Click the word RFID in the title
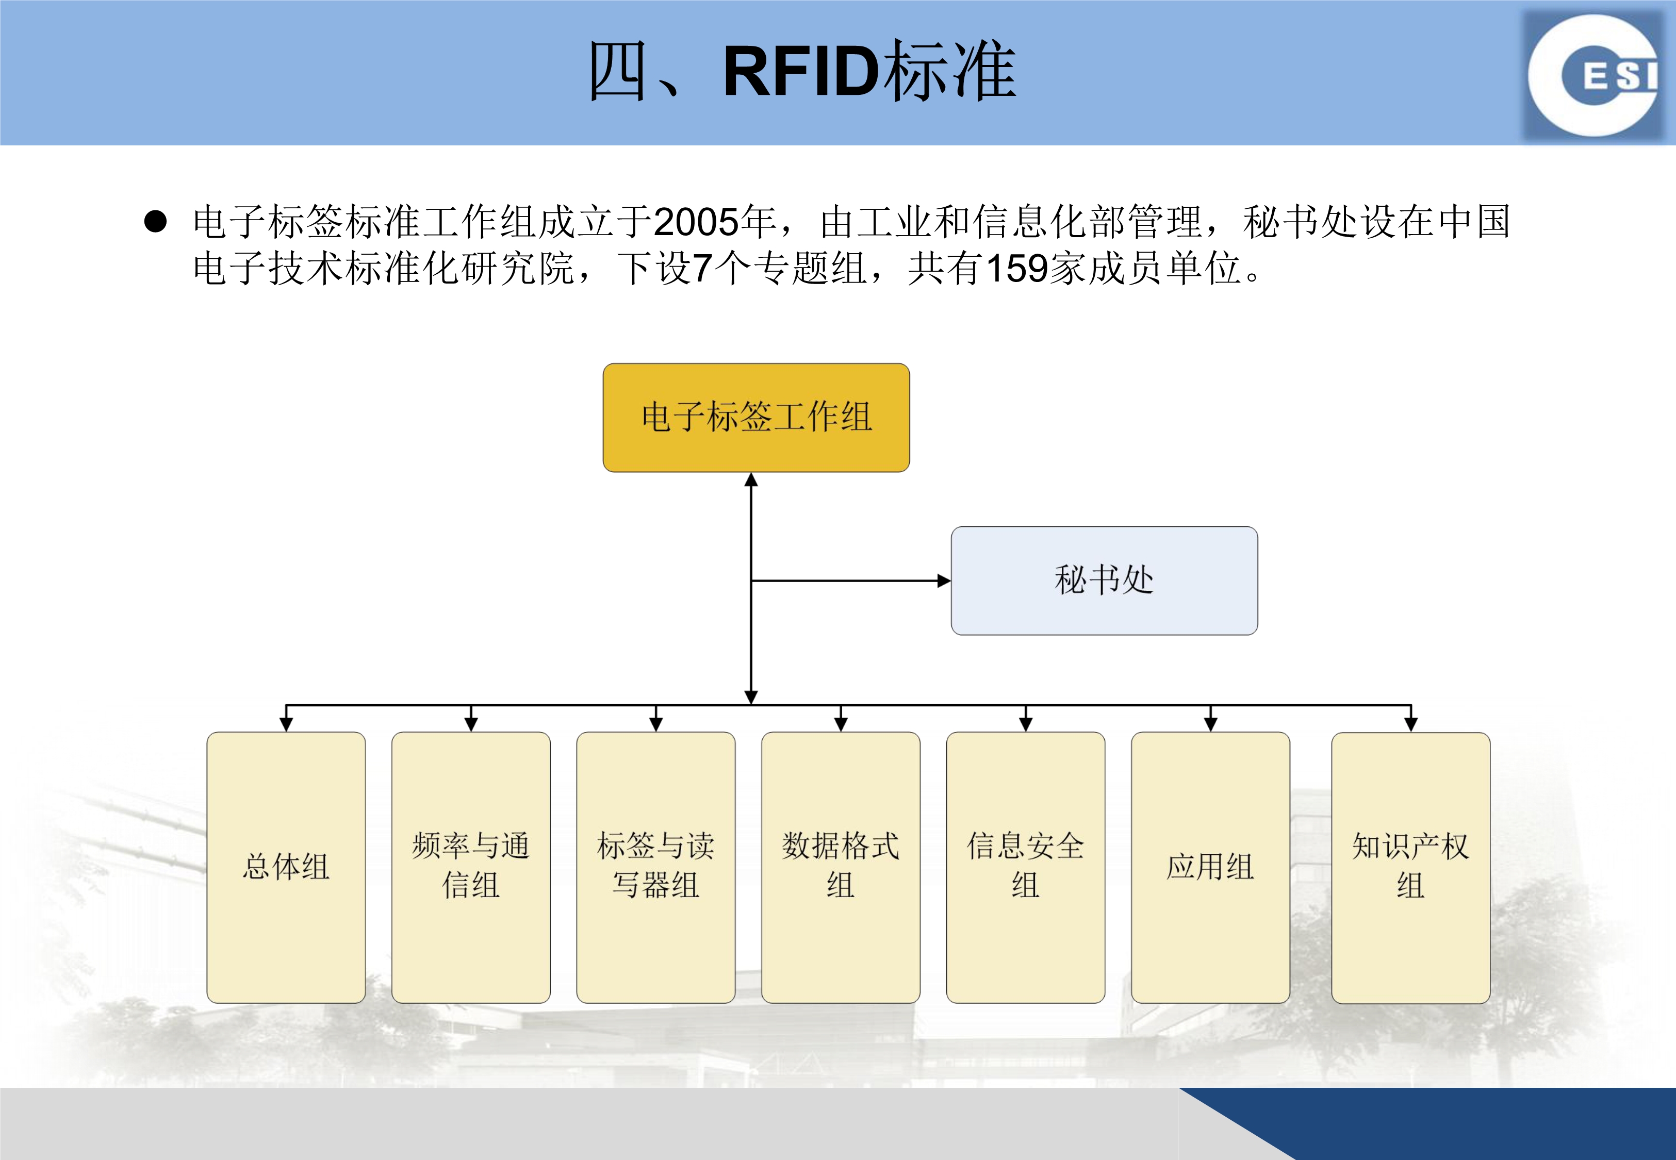point(806,71)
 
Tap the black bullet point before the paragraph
point(156,221)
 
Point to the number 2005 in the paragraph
point(696,222)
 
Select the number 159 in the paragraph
point(1017,268)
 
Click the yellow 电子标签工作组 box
point(756,418)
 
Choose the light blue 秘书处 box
point(1104,581)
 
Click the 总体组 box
point(286,867)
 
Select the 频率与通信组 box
point(471,867)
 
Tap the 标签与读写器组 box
point(655,867)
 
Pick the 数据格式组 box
point(841,867)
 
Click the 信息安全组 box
point(1026,867)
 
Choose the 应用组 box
point(1211,867)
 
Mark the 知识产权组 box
point(1411,868)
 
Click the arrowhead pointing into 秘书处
point(944,581)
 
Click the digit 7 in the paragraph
point(701,268)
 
